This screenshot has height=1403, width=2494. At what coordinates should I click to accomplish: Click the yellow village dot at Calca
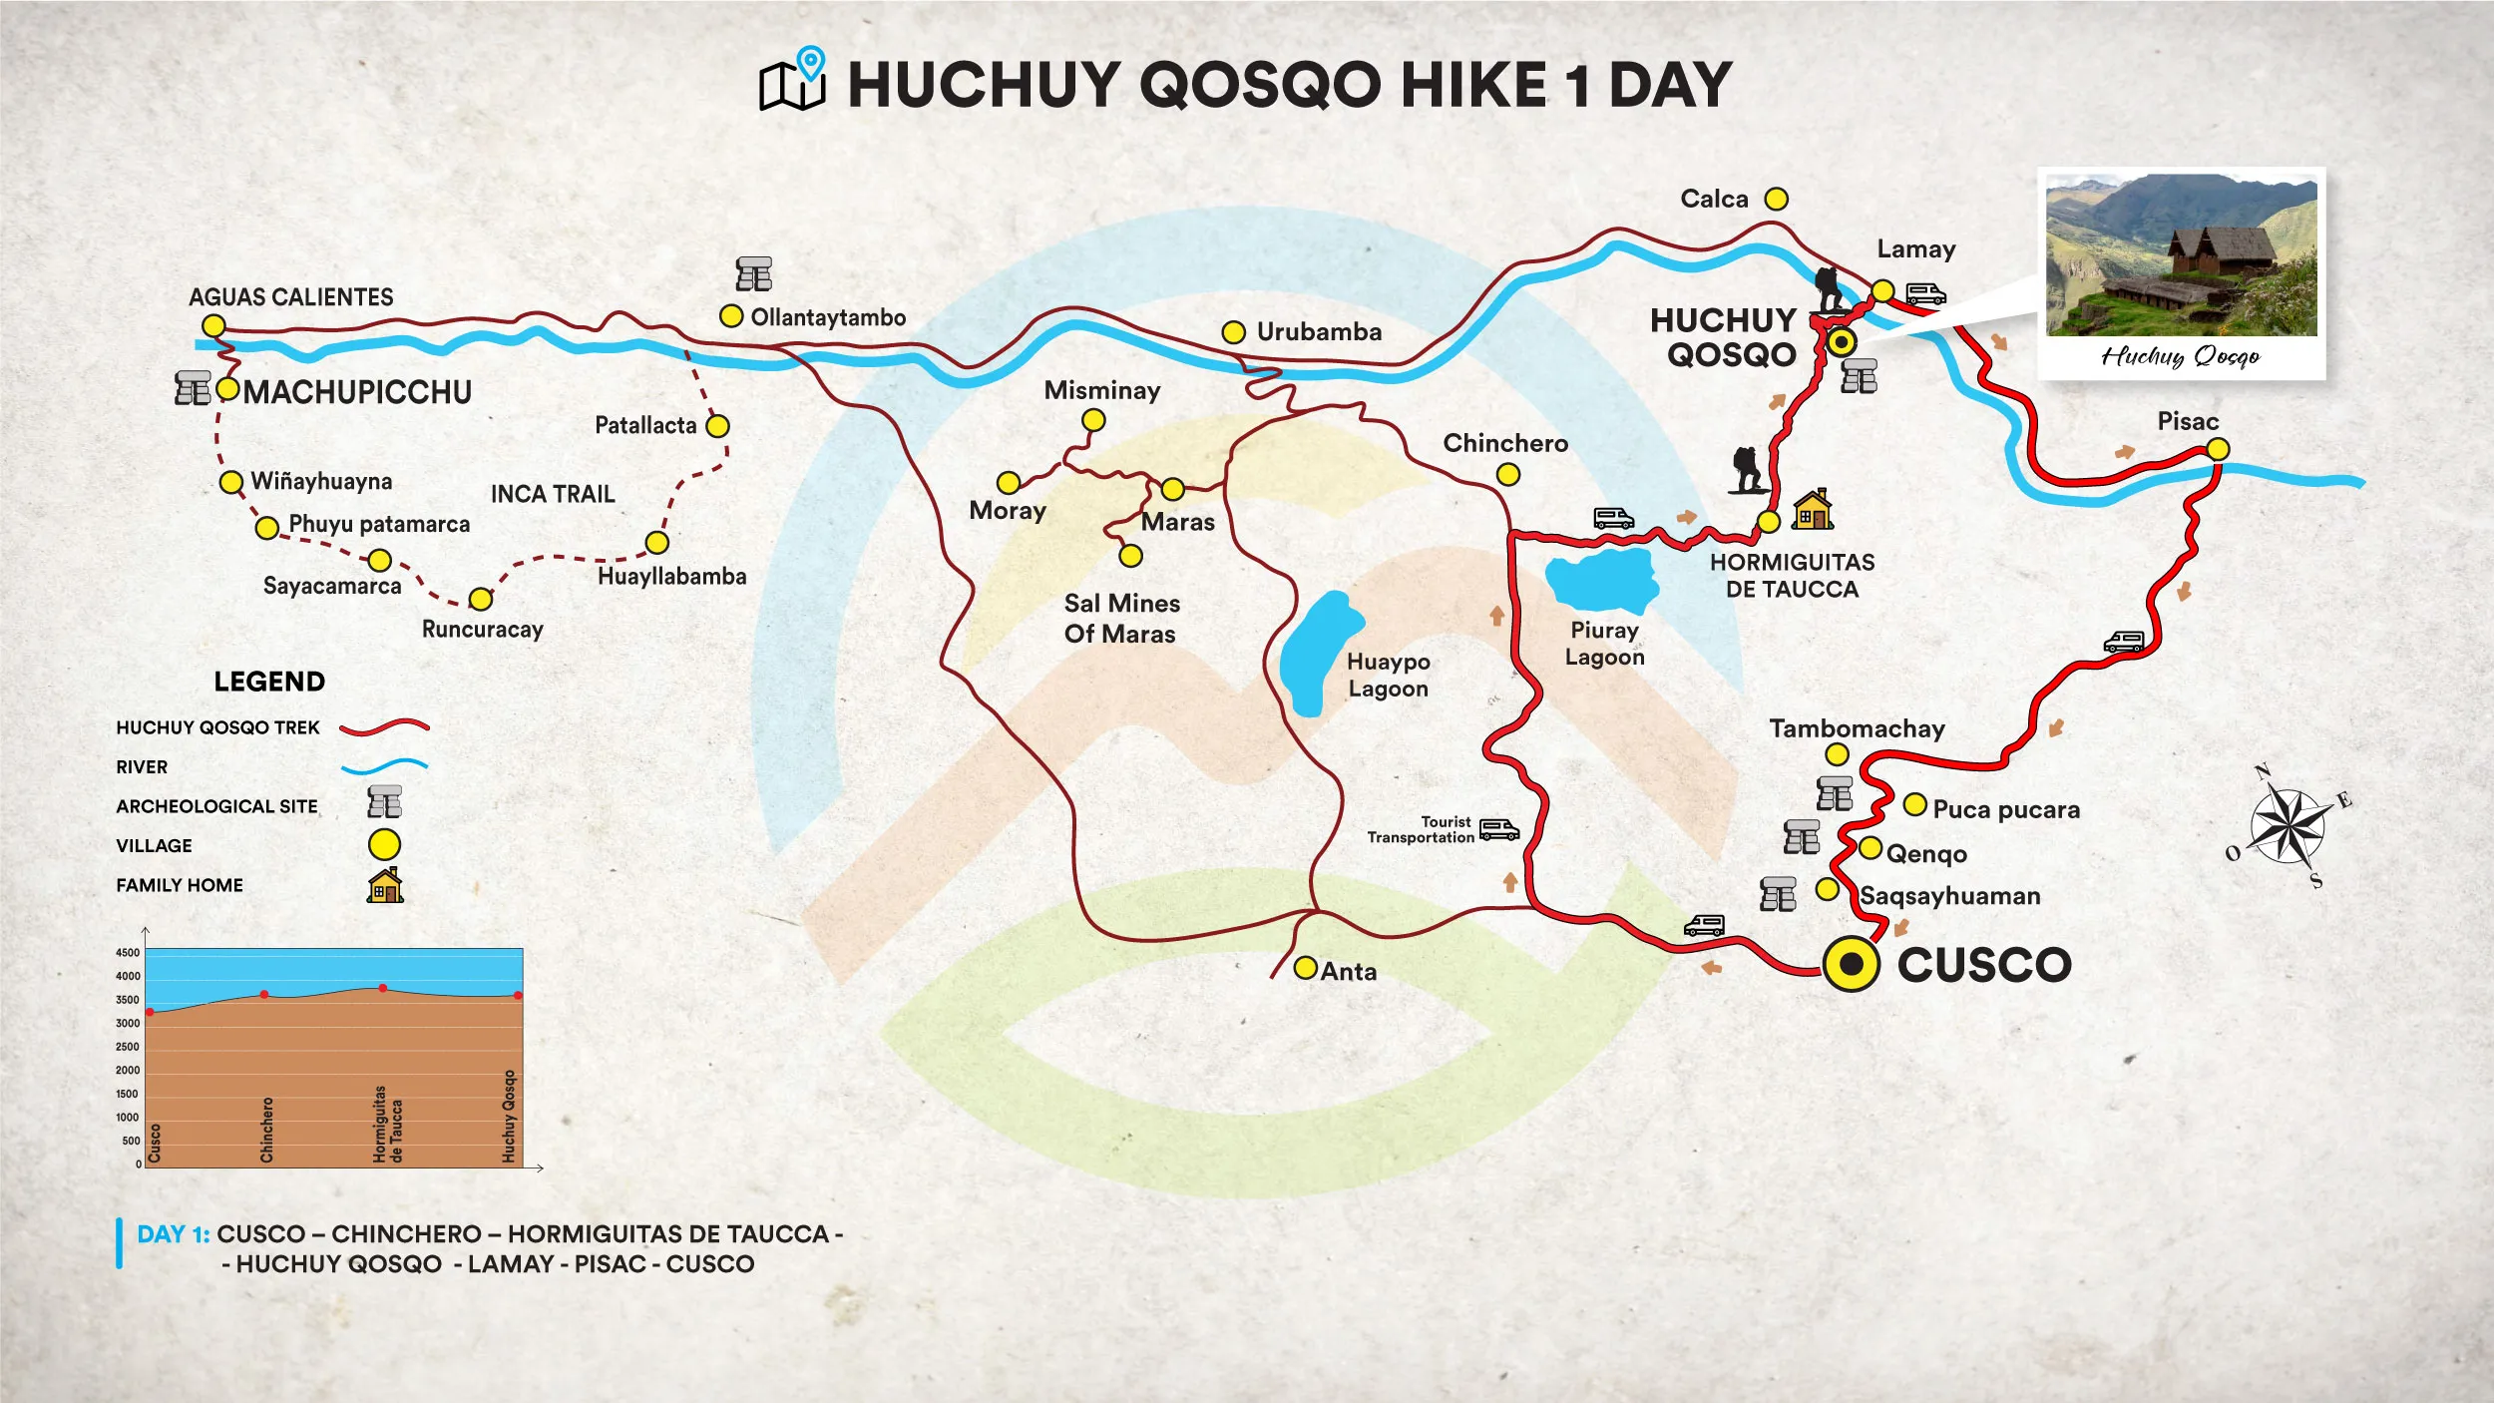1776,199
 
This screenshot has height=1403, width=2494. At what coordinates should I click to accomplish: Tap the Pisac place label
2187,421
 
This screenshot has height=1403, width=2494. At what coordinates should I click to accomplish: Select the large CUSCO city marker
1851,963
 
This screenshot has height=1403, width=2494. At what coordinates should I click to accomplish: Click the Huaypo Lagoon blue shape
1318,654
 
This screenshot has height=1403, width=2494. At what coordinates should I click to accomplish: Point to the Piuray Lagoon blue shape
1601,581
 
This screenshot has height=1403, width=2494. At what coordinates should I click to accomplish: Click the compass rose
2290,826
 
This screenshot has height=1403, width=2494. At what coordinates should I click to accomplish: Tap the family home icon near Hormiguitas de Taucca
1812,509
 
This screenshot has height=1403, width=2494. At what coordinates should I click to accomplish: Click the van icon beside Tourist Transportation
1498,829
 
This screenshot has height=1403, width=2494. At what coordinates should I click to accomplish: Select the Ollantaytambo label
828,317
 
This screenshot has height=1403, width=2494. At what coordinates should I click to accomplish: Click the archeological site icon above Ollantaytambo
754,273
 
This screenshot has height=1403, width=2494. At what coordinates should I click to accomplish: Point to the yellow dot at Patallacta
717,426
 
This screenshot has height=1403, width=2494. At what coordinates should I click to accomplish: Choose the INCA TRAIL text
553,494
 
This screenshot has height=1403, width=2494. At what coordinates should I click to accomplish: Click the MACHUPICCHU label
357,392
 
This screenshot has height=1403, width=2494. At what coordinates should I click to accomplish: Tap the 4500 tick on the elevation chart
128,952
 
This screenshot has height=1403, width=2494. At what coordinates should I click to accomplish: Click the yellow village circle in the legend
384,845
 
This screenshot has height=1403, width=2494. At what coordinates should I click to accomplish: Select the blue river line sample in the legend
384,766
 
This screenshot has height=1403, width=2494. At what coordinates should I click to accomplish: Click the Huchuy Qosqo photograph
2181,255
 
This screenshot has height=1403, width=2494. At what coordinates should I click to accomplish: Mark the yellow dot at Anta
1305,968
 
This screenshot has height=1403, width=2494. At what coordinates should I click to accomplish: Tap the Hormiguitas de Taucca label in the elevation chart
388,1124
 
